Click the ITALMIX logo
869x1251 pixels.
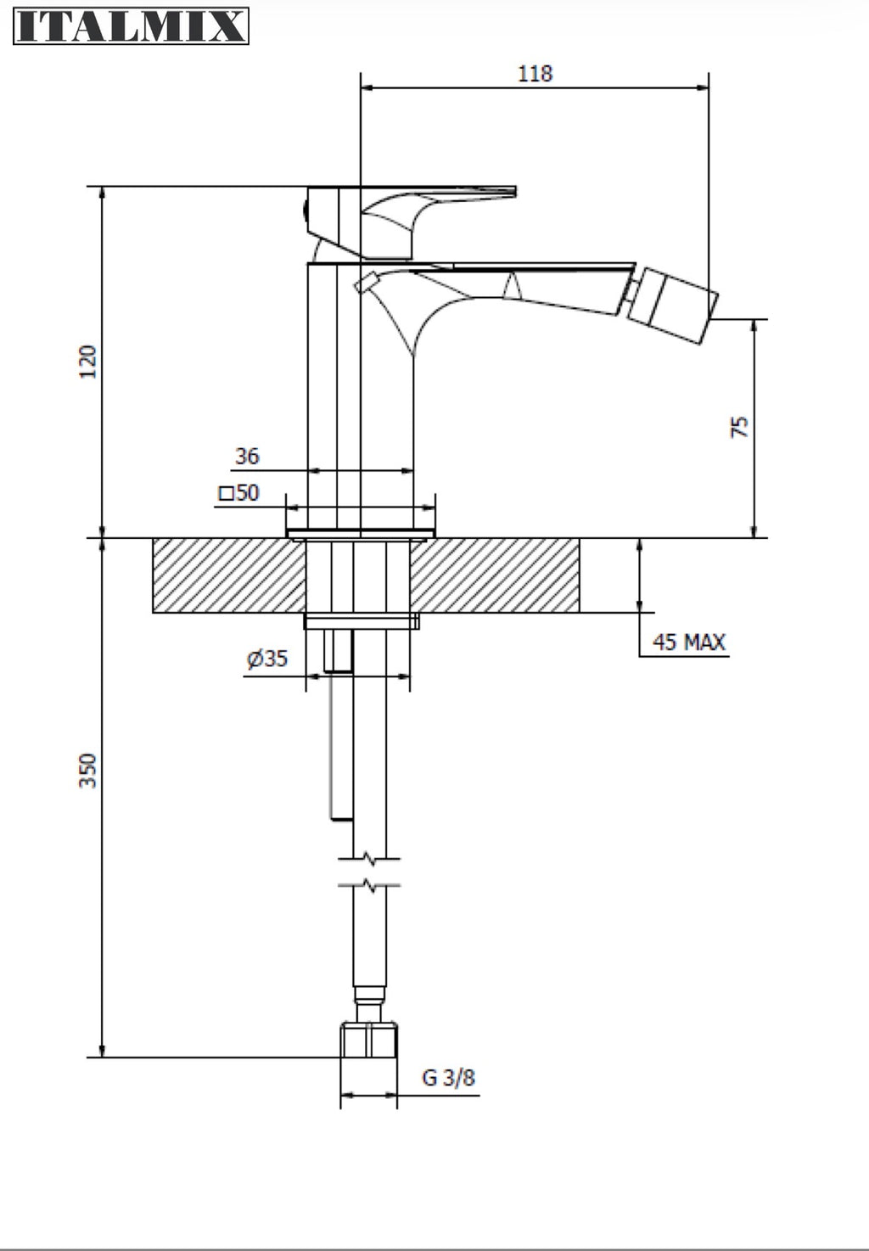[x=131, y=25]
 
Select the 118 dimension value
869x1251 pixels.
[x=535, y=74]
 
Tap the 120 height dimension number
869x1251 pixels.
[x=87, y=362]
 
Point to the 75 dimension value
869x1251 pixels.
[x=739, y=427]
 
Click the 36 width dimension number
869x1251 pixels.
[x=248, y=457]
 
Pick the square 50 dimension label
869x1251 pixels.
[x=239, y=492]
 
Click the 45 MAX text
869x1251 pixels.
[x=688, y=642]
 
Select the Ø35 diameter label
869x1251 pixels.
[x=267, y=659]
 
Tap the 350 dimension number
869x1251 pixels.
[x=87, y=771]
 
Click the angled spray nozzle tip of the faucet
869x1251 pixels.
[x=672, y=306]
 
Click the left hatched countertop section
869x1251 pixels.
[x=229, y=575]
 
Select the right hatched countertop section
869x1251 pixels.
[x=495, y=575]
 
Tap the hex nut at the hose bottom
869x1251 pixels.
[x=368, y=1040]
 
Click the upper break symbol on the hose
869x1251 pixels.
[x=369, y=858]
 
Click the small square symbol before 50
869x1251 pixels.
[x=227, y=494]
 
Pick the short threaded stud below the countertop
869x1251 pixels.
[x=339, y=650]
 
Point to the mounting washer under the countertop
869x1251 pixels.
[x=362, y=620]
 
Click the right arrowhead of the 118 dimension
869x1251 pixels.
[x=703, y=87]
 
